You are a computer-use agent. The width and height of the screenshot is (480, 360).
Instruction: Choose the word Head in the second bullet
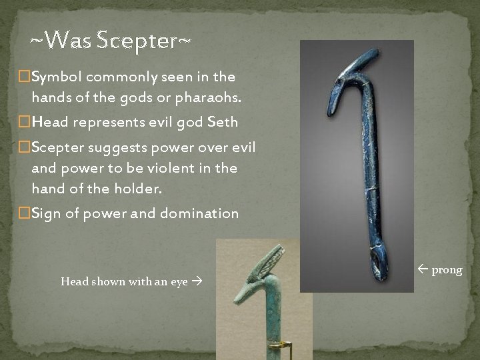coord(48,123)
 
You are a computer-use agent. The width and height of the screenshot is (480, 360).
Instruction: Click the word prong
coord(447,270)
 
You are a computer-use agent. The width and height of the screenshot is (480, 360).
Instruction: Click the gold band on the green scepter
coord(281,345)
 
